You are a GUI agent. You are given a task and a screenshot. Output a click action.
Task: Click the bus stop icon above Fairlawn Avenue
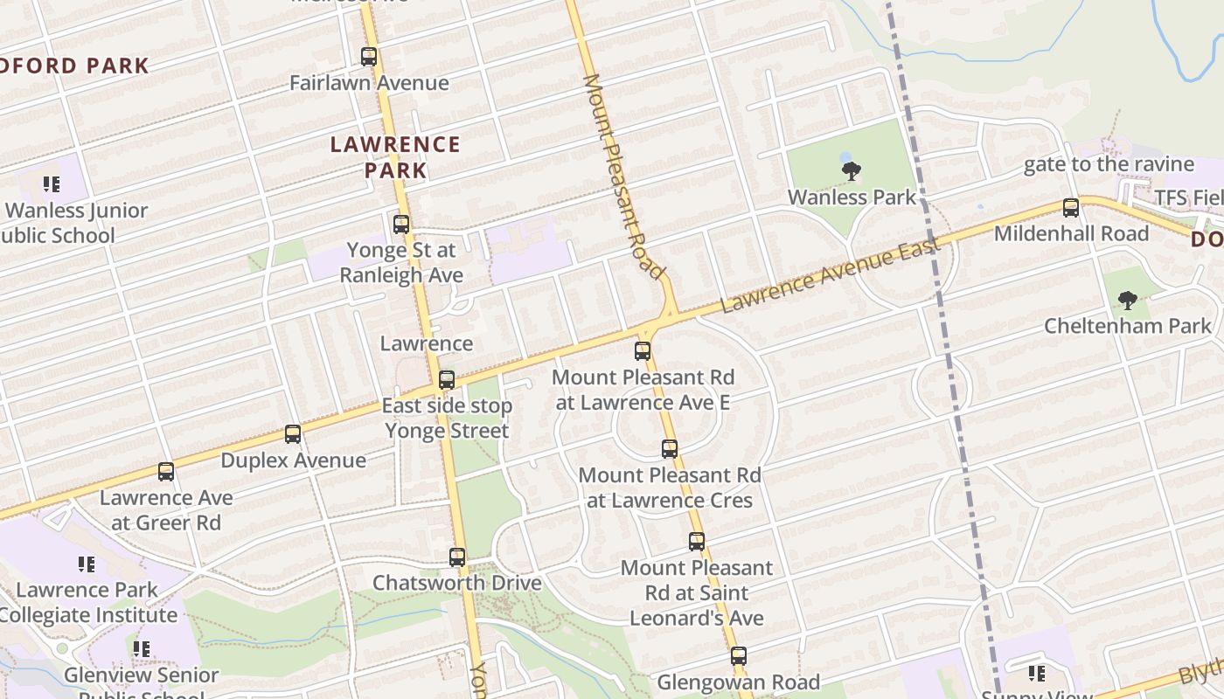369,57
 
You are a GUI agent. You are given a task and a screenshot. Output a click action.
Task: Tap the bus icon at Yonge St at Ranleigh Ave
401,225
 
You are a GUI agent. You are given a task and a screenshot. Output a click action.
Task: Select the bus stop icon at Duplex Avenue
293,434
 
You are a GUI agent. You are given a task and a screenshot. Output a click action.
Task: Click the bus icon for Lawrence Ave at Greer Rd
166,472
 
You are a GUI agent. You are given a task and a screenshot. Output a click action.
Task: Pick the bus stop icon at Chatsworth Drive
457,557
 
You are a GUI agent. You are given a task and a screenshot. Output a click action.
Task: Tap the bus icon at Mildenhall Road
1071,208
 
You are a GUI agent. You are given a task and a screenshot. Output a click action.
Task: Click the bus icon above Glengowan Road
739,655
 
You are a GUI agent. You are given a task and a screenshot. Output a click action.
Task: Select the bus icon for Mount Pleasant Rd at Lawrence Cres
670,449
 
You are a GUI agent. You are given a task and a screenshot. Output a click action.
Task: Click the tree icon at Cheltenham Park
1128,301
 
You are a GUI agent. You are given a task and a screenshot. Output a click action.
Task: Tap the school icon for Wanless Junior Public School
52,184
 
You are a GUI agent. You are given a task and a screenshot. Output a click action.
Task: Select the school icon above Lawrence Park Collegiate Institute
86,564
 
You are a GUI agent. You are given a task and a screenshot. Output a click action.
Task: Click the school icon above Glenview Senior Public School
141,649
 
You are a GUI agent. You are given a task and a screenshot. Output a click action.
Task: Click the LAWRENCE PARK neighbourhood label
395,157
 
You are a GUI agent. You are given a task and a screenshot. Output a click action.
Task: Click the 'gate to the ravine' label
1109,164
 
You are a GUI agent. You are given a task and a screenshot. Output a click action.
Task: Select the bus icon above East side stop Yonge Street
447,380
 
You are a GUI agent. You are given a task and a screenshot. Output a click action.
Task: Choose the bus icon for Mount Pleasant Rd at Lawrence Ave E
643,351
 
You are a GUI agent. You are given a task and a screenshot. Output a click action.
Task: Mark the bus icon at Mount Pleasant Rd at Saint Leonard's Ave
697,541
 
